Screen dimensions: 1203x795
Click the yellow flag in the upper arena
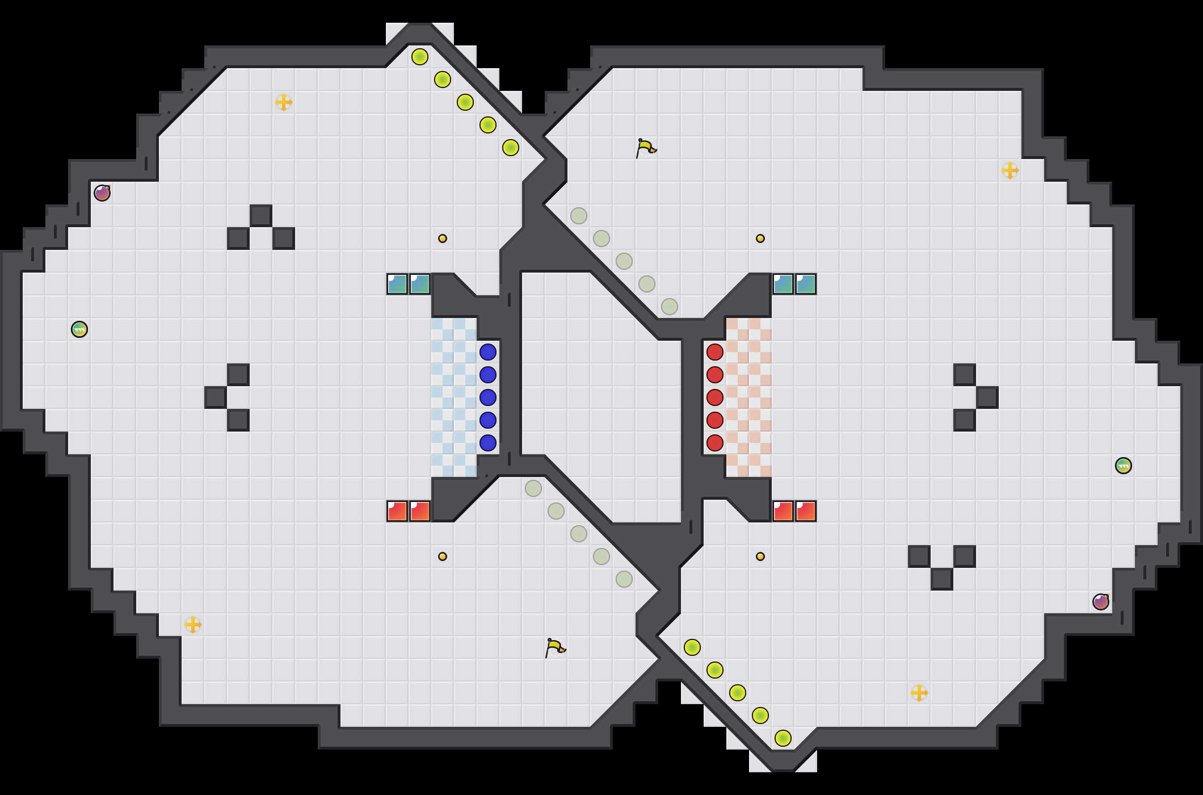tap(646, 148)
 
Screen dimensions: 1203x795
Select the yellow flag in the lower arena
tap(555, 647)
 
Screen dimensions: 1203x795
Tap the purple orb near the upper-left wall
tap(102, 193)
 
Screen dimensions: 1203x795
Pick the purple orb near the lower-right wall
tap(1101, 602)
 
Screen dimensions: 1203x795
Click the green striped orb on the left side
tap(79, 329)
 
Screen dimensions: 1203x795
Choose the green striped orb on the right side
tap(1124, 466)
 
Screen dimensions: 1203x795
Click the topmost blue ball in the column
tap(488, 352)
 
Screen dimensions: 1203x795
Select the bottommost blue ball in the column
tap(488, 443)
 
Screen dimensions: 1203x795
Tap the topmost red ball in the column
tap(715, 352)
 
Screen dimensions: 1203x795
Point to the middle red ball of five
tap(715, 397)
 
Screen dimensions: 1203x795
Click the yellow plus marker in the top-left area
tap(284, 102)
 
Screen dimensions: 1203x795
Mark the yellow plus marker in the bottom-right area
tap(919, 693)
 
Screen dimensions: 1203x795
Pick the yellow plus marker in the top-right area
tap(1010, 170)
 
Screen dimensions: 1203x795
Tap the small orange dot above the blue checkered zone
tap(443, 238)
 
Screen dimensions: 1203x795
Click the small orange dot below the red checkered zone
tap(760, 556)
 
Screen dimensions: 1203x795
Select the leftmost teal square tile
tap(397, 284)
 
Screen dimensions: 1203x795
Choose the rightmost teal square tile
tap(806, 284)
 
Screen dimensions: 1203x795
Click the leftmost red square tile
tap(397, 511)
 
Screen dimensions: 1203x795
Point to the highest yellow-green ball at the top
tap(420, 57)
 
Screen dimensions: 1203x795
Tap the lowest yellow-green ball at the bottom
tap(783, 738)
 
